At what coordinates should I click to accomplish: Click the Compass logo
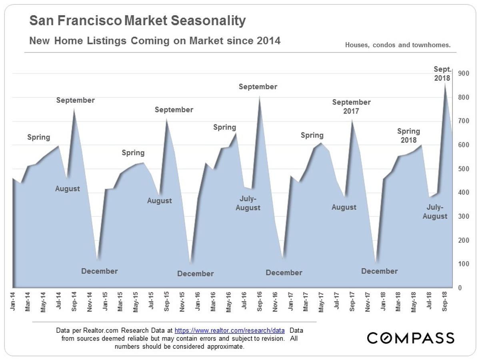[410, 338]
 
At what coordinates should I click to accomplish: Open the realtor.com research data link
[230, 331]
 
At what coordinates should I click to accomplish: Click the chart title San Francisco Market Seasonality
[138, 21]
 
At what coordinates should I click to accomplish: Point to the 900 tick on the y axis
[463, 74]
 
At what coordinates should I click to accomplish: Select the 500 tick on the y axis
[463, 169]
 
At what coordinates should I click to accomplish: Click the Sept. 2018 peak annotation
[442, 74]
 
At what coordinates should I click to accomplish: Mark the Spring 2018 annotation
[408, 136]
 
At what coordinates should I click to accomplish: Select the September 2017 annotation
[351, 107]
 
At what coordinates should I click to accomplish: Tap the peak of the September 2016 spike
[259, 96]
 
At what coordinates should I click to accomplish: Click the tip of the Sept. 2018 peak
[445, 83]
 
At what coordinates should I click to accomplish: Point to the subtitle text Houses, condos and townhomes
[398, 45]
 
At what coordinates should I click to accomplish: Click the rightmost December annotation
[379, 271]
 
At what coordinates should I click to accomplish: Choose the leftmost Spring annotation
[39, 137]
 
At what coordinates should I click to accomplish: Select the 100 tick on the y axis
[463, 264]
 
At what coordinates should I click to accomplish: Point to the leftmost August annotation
[68, 189]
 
